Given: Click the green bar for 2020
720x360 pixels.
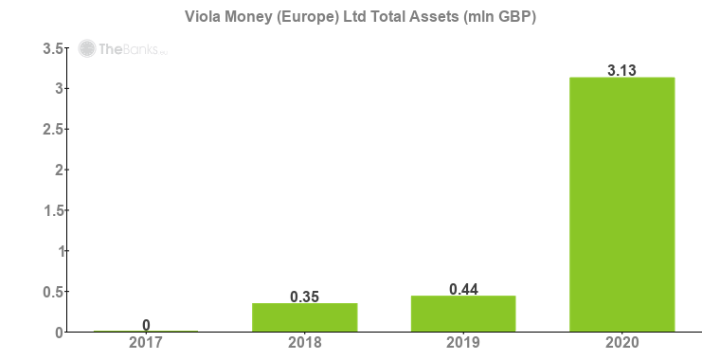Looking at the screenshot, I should coord(621,204).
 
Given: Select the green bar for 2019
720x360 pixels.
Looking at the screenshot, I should coord(463,314).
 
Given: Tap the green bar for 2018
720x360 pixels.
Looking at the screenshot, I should coord(304,317).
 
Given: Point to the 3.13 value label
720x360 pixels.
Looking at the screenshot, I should coord(621,69).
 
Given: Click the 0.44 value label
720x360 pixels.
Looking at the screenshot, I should coord(463,288).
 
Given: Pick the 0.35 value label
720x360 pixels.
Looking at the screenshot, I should coord(304,296).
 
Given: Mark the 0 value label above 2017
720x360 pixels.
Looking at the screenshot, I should coord(146,325).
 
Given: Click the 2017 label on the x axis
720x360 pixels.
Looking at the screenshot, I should coord(146,343).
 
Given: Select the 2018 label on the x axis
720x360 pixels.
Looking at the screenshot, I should coord(304,343).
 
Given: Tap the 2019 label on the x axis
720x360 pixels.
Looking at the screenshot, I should coord(463,343).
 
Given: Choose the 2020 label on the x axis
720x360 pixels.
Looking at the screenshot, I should coord(621,343).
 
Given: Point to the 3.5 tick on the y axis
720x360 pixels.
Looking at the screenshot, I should coord(53,48).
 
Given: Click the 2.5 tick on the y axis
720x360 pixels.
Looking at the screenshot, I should coord(53,129).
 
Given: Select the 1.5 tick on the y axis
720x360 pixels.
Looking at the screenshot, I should coord(53,210).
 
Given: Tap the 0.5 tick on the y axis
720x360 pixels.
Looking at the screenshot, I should coord(53,292).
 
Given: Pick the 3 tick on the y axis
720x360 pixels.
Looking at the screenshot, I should coord(59,89).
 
